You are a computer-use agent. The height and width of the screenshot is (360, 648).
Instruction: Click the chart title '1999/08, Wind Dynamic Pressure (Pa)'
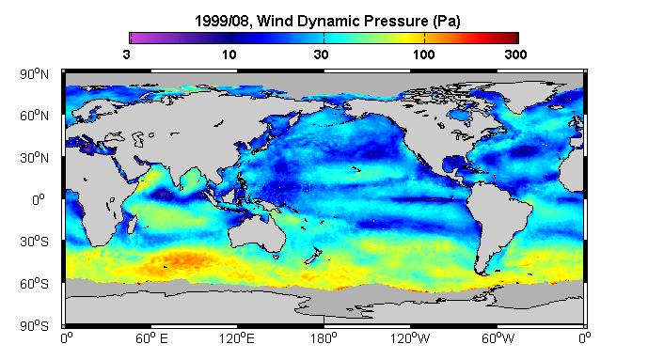(x=327, y=21)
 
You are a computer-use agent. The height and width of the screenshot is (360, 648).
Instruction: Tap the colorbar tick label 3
(x=126, y=55)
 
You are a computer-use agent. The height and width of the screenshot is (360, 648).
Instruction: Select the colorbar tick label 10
(x=229, y=55)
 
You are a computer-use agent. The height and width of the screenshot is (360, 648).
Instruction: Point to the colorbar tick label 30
(x=321, y=55)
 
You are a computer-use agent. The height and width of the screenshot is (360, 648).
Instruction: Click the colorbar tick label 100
(x=423, y=55)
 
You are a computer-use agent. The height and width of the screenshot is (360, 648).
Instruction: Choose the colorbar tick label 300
(x=515, y=55)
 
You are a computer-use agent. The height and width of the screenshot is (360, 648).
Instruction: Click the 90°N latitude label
(x=34, y=74)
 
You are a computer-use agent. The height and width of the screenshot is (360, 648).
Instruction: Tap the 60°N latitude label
(x=34, y=116)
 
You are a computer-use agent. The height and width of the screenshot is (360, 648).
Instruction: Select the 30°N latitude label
(x=34, y=158)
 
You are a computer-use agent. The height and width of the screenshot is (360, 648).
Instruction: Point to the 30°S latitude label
(x=34, y=242)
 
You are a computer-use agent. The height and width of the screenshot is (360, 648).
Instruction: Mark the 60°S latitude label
(x=34, y=284)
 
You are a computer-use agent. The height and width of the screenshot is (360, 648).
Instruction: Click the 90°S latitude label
(x=34, y=326)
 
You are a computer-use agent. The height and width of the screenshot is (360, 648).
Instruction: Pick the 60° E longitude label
(x=151, y=339)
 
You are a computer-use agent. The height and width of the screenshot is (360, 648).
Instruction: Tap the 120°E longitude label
(x=237, y=339)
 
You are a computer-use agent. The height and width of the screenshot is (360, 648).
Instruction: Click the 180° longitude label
(x=324, y=339)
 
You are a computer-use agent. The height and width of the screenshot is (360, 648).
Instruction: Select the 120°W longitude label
(x=410, y=339)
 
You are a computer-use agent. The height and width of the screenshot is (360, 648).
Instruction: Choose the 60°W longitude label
(x=498, y=339)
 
